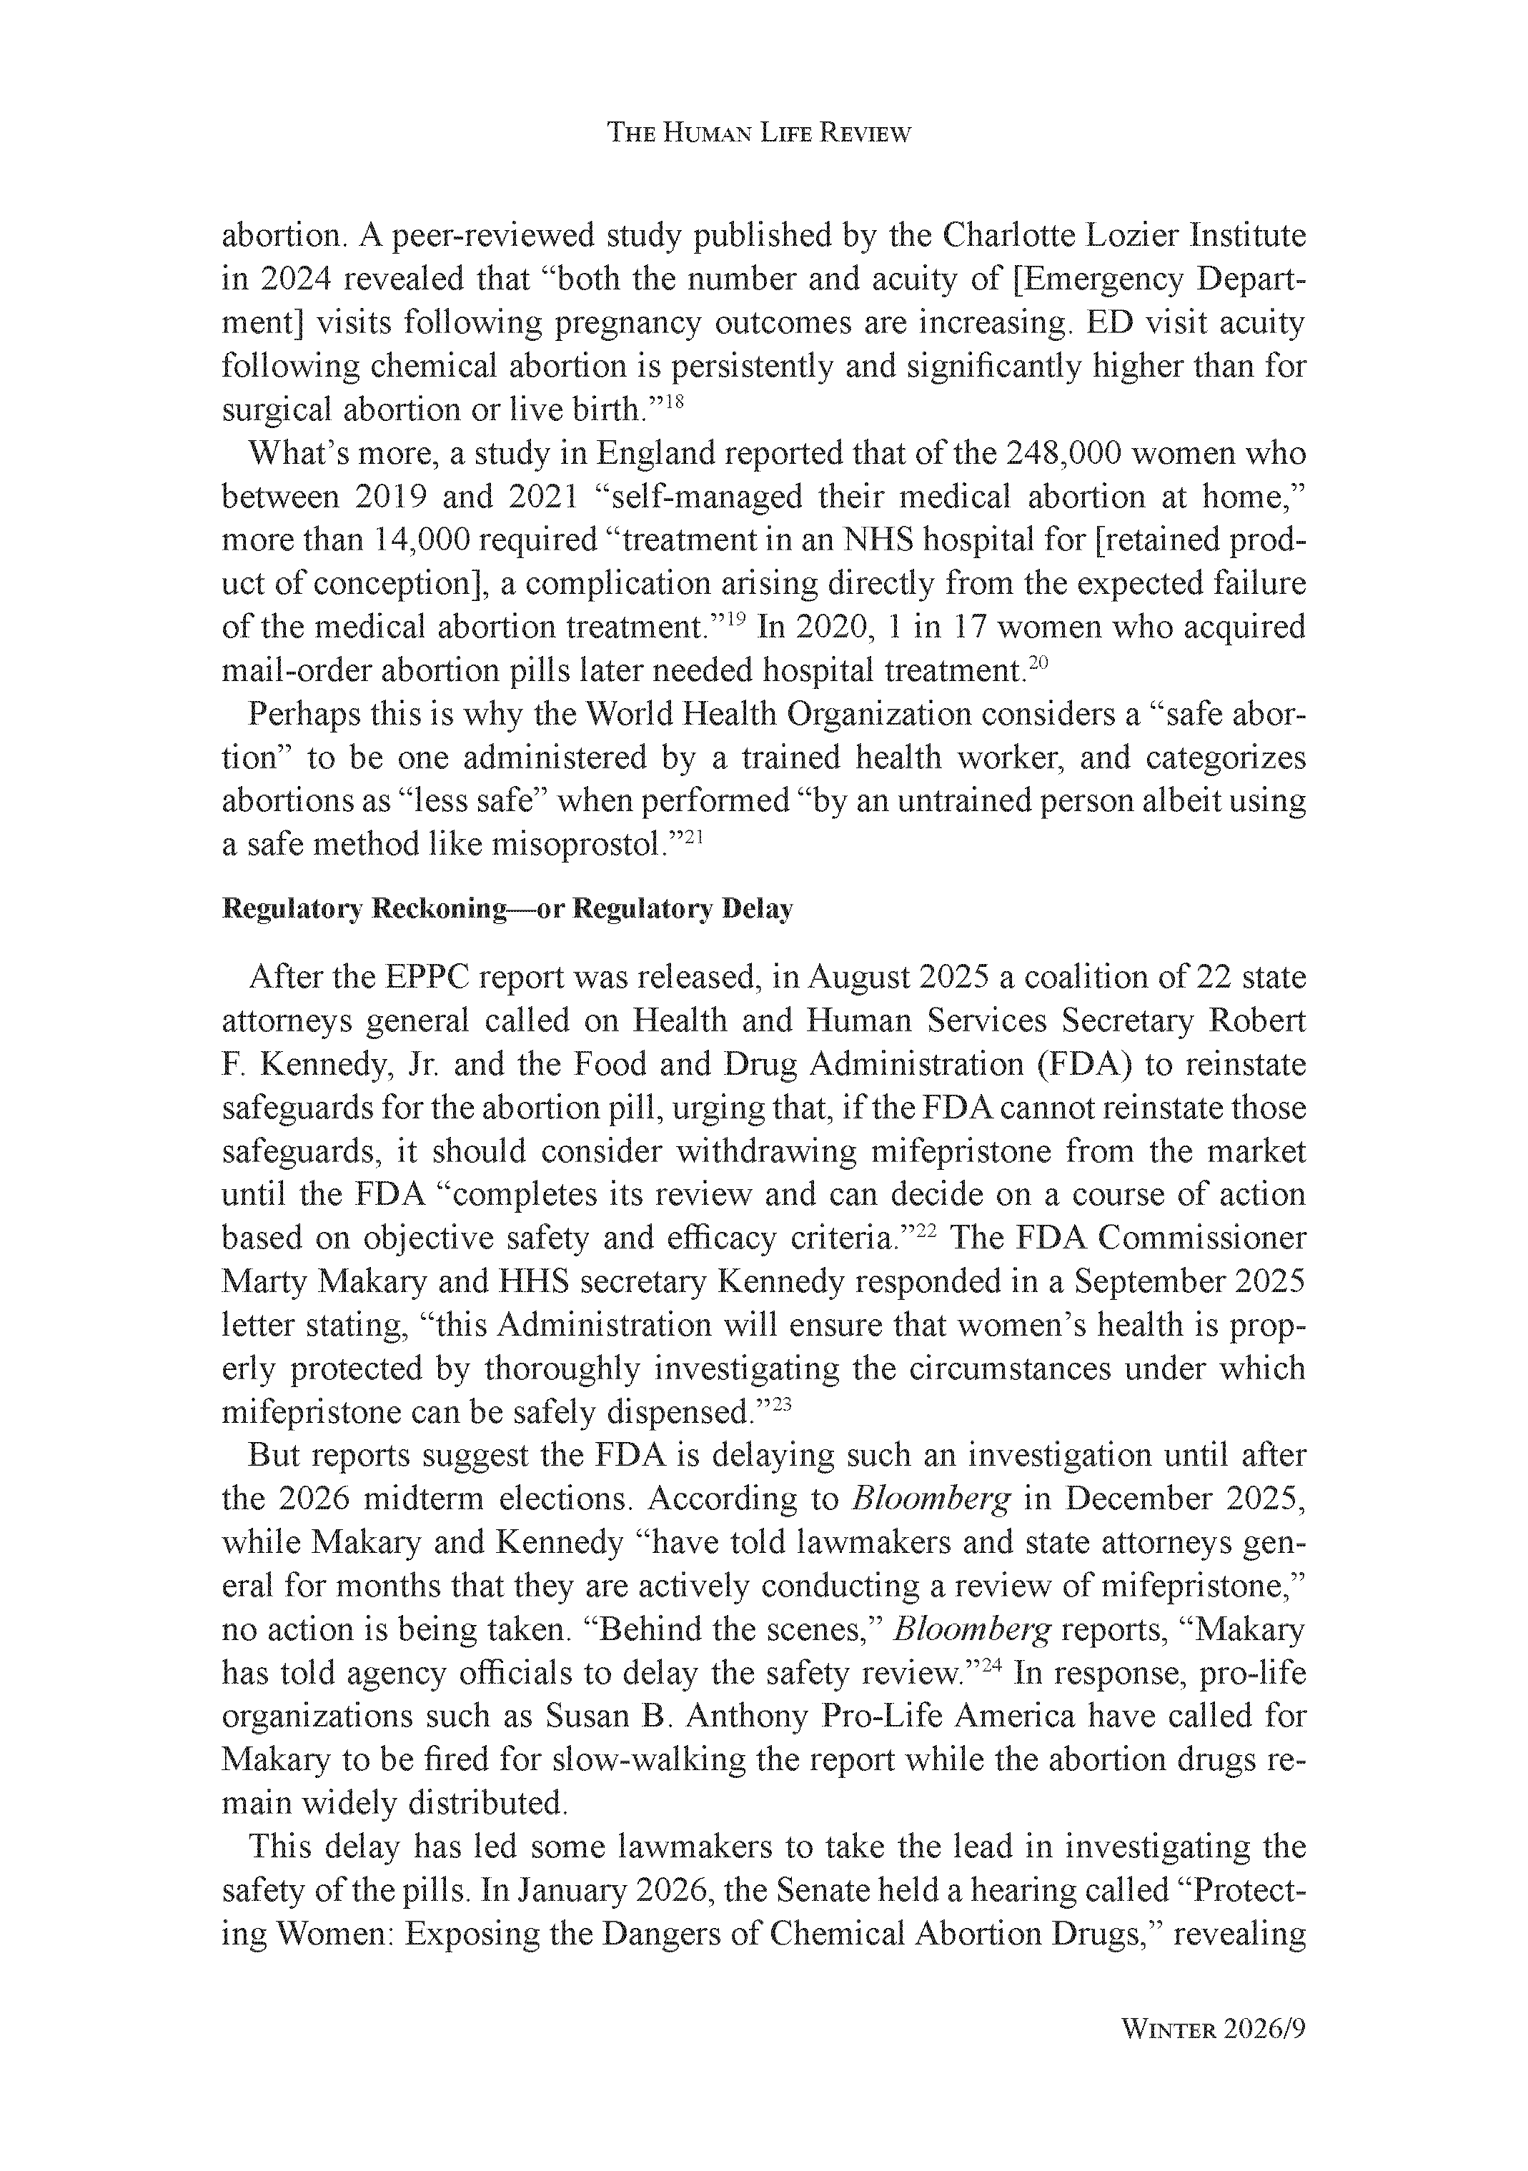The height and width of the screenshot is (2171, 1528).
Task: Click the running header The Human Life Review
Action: click(758, 134)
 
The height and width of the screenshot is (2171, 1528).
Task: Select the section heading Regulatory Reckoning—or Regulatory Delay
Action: click(507, 910)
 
